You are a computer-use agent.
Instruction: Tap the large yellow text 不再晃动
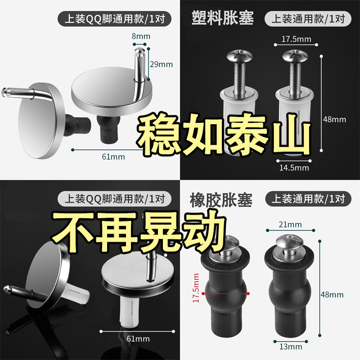click(x=139, y=231)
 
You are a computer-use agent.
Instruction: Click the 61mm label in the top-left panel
click(x=114, y=157)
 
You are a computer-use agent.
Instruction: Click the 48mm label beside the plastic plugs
click(x=334, y=120)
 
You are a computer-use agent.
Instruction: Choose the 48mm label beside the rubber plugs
click(x=332, y=295)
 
